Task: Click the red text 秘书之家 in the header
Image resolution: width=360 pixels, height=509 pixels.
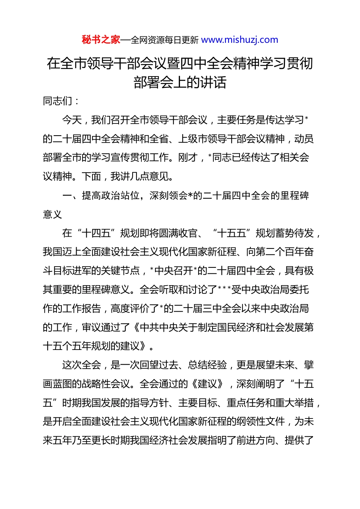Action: click(x=101, y=40)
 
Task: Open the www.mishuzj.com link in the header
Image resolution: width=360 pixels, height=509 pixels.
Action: click(x=239, y=40)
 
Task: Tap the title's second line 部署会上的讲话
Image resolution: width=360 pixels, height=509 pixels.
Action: click(x=180, y=82)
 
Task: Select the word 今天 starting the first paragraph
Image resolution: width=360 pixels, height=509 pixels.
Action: click(x=72, y=120)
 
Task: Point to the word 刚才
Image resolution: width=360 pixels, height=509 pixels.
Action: click(x=188, y=158)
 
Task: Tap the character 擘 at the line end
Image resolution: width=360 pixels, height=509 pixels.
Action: click(x=309, y=365)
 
